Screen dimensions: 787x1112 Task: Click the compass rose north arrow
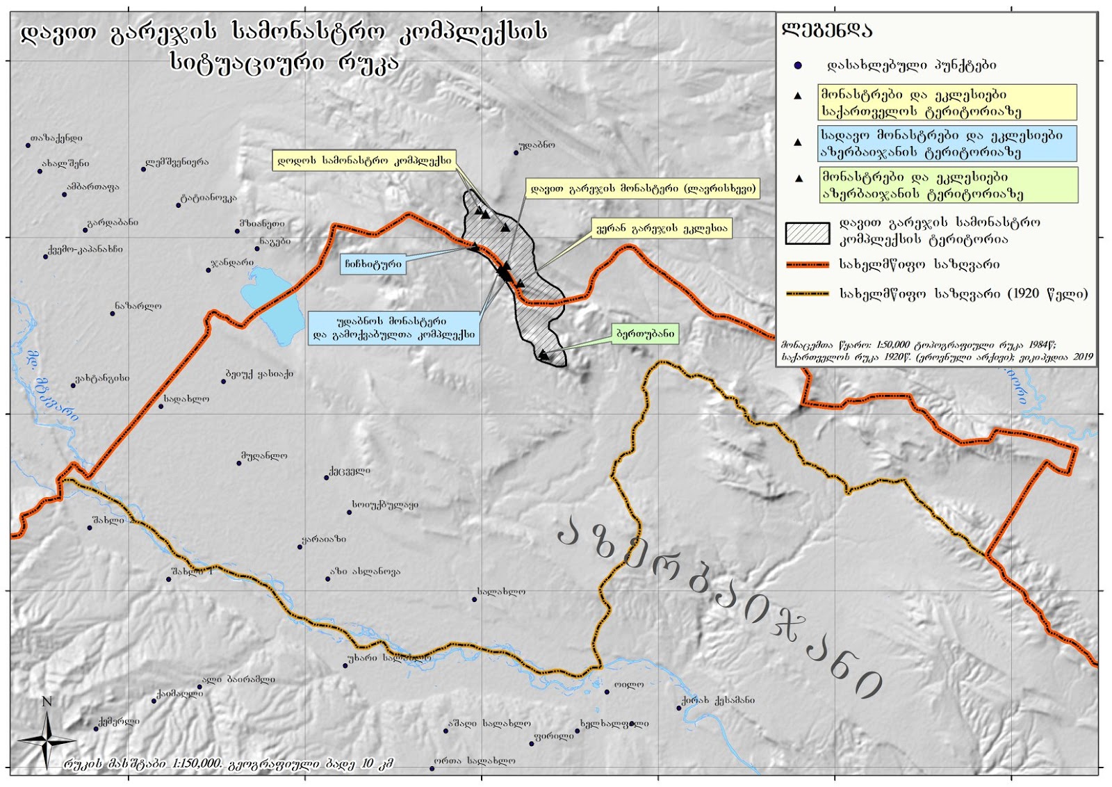[47, 740]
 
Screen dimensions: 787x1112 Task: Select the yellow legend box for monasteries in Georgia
[947, 103]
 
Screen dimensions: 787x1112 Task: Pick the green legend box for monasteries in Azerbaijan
[948, 185]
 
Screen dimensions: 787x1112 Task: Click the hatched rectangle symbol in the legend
[807, 234]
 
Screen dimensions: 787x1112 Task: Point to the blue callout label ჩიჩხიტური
[373, 264]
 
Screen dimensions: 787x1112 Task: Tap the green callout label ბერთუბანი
[645, 334]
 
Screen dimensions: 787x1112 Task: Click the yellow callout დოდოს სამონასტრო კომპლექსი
[364, 161]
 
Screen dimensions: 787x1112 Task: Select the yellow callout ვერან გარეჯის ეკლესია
[662, 229]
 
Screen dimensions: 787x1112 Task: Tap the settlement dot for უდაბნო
[516, 152]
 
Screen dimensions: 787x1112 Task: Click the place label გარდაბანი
[112, 222]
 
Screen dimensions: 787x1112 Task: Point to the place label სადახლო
[186, 399]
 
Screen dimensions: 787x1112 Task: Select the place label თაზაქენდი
[56, 138]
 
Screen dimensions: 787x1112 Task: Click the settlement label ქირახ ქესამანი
[718, 700]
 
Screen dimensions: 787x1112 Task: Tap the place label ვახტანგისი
[102, 378]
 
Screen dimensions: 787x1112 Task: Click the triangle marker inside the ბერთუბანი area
[543, 355]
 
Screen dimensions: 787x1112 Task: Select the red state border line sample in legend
[807, 265]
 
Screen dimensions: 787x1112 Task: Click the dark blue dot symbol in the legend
[798, 65]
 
